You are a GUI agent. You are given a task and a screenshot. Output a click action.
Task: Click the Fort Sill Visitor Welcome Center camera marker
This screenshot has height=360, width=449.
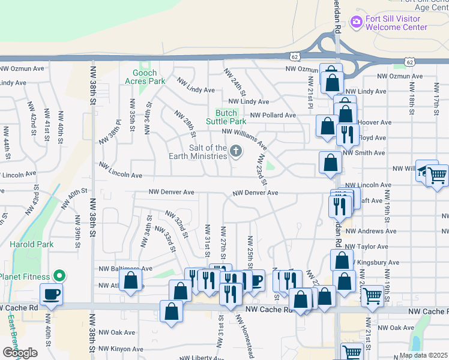click(x=357, y=22)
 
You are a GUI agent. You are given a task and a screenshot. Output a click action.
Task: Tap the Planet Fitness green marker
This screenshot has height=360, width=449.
click(x=59, y=276)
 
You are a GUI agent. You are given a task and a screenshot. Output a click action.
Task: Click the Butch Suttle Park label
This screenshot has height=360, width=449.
click(x=226, y=116)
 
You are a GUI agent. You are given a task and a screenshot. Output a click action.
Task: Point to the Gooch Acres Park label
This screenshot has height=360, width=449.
click(x=145, y=77)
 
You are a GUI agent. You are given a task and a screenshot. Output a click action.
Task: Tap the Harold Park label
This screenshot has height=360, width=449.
click(x=31, y=244)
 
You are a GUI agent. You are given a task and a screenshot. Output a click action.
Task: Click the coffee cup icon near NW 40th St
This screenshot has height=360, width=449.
click(x=51, y=295)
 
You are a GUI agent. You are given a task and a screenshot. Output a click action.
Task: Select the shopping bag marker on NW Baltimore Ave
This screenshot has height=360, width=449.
click(x=130, y=281)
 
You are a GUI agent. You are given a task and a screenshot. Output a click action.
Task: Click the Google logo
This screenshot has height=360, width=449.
click(x=20, y=352)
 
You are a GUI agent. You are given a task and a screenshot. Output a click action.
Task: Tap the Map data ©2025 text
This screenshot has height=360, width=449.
click(x=423, y=355)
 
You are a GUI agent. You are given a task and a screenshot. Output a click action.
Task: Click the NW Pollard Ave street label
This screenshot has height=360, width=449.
click(x=273, y=115)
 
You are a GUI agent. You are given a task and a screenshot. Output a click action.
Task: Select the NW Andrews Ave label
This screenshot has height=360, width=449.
click(x=371, y=231)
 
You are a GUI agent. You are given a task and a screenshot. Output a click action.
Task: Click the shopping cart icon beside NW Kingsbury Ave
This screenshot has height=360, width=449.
click(x=372, y=295)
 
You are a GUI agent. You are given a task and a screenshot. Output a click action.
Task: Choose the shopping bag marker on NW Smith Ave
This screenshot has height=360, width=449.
click(x=330, y=162)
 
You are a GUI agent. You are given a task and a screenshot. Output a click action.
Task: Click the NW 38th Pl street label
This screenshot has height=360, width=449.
click(x=110, y=132)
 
